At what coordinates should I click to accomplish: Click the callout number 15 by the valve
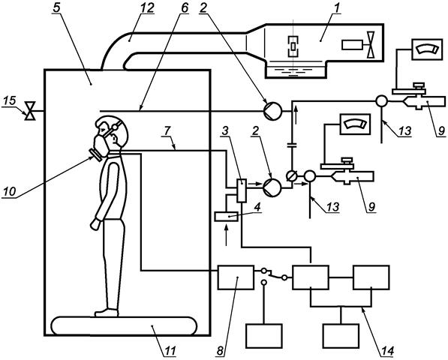point(9,101)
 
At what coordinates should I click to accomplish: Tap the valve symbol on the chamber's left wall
point(30,111)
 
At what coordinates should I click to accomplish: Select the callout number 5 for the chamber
point(57,8)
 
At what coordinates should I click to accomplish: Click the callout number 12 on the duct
point(147,8)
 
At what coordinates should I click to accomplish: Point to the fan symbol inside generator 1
point(371,44)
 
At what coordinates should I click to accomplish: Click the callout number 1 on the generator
point(338,8)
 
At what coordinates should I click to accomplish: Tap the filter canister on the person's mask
point(96,154)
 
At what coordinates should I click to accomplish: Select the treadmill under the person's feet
point(125,326)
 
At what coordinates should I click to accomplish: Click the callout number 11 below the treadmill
point(170,350)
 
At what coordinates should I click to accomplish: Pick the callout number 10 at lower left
point(10,191)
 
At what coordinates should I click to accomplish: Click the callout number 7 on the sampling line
point(167,131)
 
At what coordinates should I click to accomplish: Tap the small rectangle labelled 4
point(227,217)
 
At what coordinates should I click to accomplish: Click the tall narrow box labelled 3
point(242,190)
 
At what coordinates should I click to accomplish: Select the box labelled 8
point(236,277)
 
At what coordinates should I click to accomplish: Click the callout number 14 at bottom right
point(387,351)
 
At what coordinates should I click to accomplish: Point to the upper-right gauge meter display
point(426,49)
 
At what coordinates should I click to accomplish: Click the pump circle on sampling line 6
point(272,111)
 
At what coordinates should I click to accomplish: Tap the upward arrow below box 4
point(227,235)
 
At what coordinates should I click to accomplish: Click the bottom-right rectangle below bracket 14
point(341,336)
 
